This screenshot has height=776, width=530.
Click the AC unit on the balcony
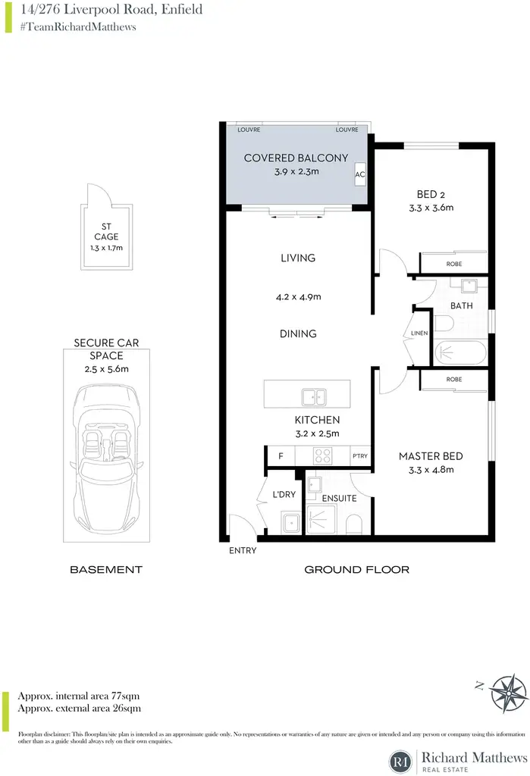[360, 174]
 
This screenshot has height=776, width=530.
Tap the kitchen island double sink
[314, 397]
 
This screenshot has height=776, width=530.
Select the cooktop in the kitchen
[323, 455]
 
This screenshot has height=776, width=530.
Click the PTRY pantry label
[360, 455]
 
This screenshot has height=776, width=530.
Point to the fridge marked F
[281, 455]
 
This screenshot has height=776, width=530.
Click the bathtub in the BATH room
[460, 353]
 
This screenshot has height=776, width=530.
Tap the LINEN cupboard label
[419, 333]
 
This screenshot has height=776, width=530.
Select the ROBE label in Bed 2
[453, 264]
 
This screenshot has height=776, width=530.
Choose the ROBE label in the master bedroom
[453, 379]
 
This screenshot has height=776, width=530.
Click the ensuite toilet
[353, 524]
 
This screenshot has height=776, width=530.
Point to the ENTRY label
[243, 550]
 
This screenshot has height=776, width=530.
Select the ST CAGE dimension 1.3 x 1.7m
[106, 248]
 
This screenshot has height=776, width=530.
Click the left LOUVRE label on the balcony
[249, 130]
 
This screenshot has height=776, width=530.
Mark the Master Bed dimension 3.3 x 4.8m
[431, 470]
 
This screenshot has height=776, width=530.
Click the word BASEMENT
[106, 570]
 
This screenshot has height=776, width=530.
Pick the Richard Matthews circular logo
[400, 761]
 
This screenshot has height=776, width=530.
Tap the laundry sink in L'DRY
[290, 523]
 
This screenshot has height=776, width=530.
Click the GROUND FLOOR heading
[356, 570]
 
